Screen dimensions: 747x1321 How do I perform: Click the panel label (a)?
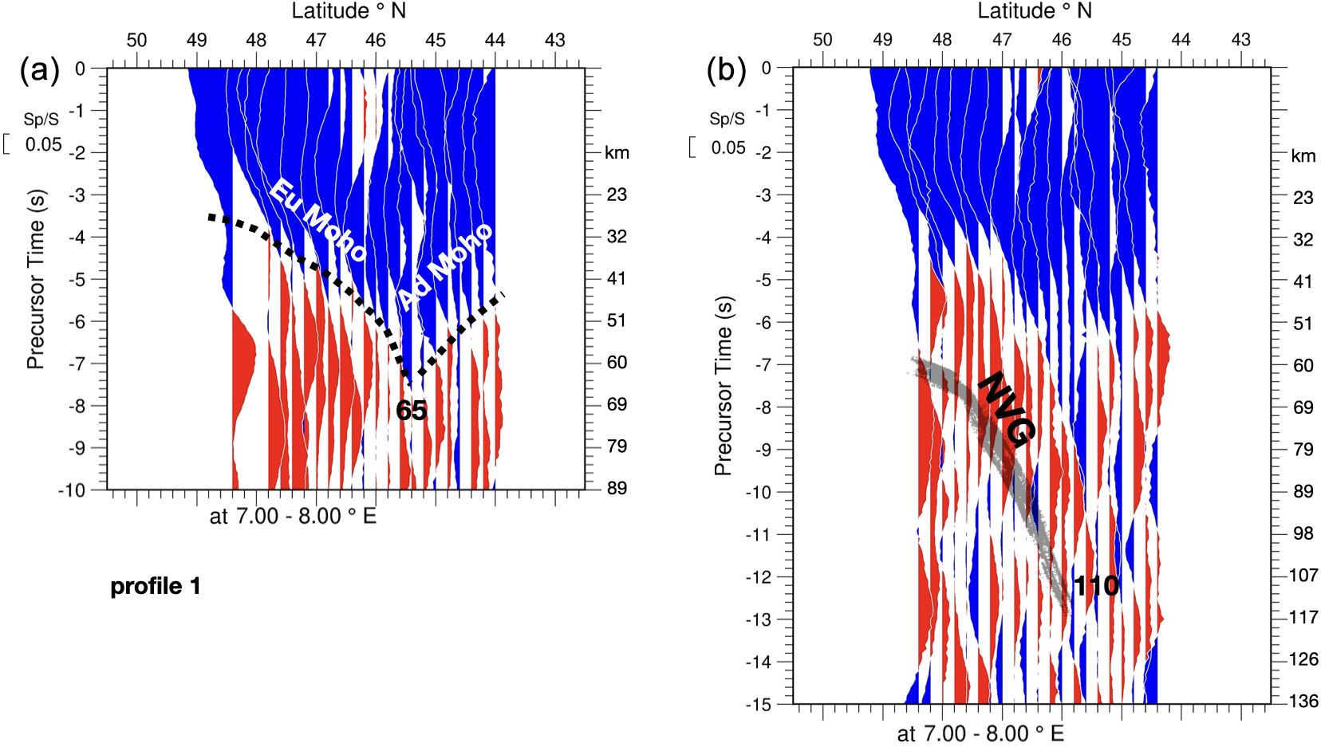coord(39,71)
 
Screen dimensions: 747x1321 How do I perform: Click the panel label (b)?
coord(726,71)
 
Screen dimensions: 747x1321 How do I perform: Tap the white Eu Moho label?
coord(318,221)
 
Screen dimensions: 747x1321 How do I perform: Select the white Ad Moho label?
coord(445,266)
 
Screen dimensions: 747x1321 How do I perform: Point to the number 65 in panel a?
coord(412,411)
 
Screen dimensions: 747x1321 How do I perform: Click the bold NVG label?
coord(1007,407)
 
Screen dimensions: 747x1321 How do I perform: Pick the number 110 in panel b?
coord(1096,587)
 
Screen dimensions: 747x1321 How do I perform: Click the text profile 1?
coord(156,587)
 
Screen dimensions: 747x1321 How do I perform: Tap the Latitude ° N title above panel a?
coord(349,11)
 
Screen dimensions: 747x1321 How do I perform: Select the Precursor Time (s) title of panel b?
coord(723,386)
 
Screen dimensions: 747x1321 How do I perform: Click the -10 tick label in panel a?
coord(72,490)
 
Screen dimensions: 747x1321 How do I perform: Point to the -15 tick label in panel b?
coord(758,705)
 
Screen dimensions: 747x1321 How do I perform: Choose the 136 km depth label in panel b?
coord(1303,702)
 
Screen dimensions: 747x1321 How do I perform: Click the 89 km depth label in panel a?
coord(617,488)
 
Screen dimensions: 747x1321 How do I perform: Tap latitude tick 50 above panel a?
coord(136,40)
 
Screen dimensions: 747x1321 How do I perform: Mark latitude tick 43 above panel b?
coord(1240,40)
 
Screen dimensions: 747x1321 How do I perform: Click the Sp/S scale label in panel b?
coord(727,119)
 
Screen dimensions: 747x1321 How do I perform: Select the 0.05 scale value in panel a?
coord(43,145)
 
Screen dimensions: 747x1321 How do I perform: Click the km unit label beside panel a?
coord(617,153)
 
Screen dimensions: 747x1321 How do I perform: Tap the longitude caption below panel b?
coord(980,733)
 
